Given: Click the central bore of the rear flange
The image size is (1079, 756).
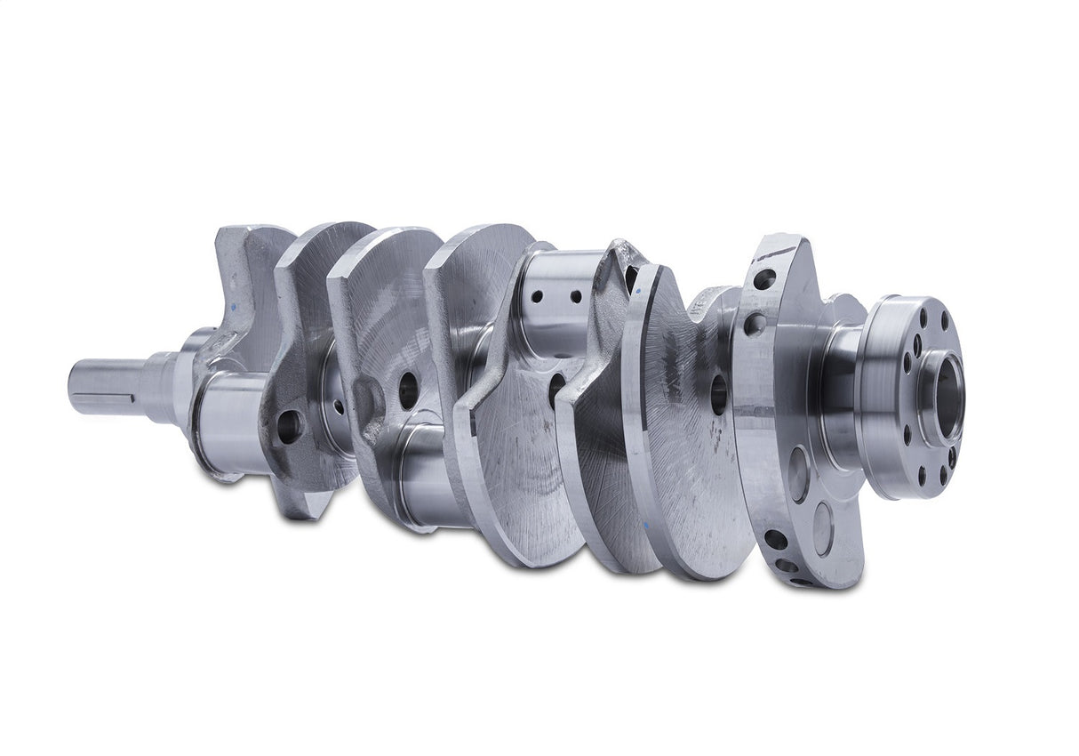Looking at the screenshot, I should [946, 398].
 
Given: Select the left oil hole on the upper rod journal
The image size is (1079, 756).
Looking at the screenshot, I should [538, 296].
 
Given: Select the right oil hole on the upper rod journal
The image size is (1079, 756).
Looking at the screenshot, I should [575, 296].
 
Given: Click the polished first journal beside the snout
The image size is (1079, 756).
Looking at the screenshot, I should [229, 418].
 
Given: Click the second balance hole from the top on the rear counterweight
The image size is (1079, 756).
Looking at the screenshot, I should [755, 325].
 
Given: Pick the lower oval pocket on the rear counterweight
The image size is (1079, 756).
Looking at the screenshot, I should [822, 530].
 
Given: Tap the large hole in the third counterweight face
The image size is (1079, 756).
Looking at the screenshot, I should [408, 390].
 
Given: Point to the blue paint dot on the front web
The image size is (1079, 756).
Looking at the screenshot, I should [235, 302].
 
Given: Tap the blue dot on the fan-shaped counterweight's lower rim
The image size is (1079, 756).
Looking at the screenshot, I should [650, 527].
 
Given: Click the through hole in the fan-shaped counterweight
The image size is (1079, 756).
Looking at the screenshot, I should [718, 394].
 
